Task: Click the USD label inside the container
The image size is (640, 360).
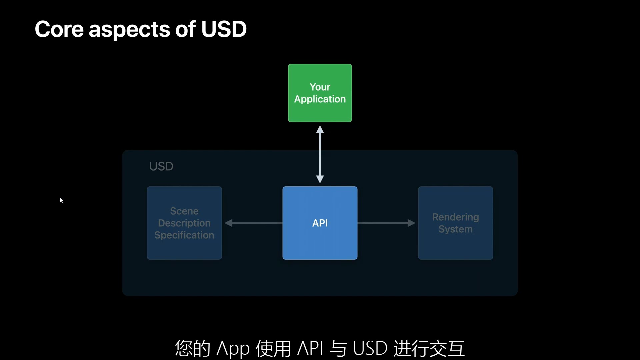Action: tap(161, 166)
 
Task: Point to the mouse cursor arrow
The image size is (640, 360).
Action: tap(61, 200)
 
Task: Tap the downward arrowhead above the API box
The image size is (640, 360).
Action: tap(320, 179)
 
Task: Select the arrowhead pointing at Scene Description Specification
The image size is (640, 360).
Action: tap(229, 223)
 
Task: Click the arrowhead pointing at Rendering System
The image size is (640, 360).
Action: tap(411, 223)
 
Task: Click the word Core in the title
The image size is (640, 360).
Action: tap(59, 29)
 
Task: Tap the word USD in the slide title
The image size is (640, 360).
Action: tap(224, 29)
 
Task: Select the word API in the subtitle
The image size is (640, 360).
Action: tap(310, 348)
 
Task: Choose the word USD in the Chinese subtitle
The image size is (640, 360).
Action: tap(370, 348)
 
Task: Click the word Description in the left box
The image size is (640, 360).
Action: tap(184, 223)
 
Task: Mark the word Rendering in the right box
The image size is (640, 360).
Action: tap(455, 217)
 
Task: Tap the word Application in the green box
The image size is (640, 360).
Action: tap(320, 99)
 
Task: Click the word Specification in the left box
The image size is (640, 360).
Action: tap(184, 235)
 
